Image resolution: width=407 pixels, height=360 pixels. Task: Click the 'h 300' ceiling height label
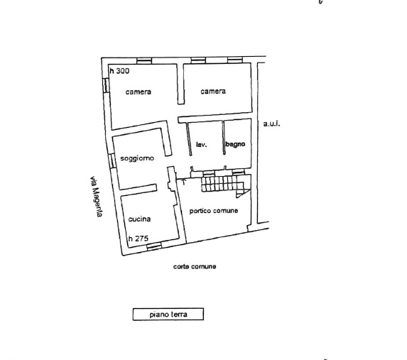(x=119, y=71)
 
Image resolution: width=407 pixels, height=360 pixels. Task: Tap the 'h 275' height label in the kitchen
(x=139, y=239)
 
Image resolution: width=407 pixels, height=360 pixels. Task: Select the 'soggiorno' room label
(x=137, y=158)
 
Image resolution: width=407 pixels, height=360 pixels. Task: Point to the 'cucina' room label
(x=139, y=219)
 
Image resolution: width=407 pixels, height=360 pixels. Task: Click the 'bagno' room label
(x=235, y=144)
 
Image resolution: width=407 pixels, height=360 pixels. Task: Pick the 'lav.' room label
(x=202, y=145)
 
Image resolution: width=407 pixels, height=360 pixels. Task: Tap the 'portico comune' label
(x=214, y=211)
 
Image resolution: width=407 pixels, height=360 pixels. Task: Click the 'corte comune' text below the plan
(x=195, y=266)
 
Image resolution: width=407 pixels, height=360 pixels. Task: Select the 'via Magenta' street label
(x=96, y=197)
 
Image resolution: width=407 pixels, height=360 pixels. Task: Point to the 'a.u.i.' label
(x=272, y=124)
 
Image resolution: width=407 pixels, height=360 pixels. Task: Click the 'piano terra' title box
(x=168, y=315)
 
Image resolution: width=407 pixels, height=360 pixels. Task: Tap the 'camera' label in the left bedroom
(x=138, y=92)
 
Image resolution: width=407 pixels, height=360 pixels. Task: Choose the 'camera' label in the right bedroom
(x=213, y=92)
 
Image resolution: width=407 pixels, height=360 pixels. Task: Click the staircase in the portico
(x=223, y=184)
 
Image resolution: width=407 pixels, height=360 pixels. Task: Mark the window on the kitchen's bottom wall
(x=154, y=246)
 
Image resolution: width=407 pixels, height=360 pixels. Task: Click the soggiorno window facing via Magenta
(x=112, y=160)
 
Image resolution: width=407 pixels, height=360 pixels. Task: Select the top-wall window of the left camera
(x=144, y=61)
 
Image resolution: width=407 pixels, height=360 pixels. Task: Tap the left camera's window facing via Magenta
(x=106, y=85)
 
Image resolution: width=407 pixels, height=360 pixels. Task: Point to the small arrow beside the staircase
(x=183, y=181)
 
